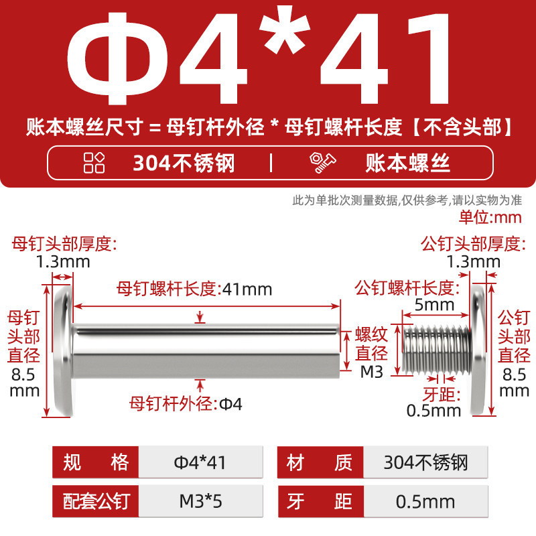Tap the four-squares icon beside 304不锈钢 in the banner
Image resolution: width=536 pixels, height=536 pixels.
(94, 163)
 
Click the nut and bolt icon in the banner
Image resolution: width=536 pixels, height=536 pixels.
(322, 163)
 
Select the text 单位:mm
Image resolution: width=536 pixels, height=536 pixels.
(490, 217)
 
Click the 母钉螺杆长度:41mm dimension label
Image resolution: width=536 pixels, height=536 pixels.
(194, 289)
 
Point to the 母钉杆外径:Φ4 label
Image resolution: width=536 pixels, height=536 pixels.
(186, 404)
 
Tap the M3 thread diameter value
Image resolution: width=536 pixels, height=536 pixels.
(372, 372)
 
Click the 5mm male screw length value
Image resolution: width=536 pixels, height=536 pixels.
(434, 305)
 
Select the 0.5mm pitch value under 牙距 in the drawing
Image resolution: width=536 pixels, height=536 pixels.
(433, 411)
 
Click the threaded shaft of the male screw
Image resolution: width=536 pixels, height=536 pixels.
(437, 349)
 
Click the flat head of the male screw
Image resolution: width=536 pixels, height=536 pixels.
(478, 350)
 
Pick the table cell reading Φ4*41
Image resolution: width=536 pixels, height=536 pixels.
(200, 462)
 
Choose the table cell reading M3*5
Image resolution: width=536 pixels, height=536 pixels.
(200, 501)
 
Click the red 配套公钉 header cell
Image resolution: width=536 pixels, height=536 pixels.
(95, 501)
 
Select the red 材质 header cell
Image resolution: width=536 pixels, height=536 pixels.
(320, 462)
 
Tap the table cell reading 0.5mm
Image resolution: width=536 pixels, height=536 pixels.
(425, 501)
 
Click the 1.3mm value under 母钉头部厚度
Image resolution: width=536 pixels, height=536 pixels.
(63, 262)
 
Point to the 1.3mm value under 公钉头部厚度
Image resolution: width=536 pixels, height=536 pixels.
(474, 262)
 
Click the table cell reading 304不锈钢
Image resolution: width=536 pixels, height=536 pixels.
(425, 462)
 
